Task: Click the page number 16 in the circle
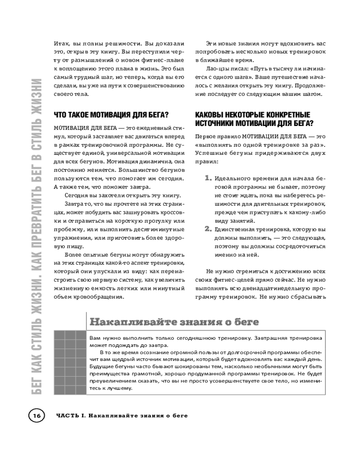tap(36, 415)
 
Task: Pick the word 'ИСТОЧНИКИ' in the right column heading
tap(216, 123)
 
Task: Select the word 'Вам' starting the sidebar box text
tap(94, 337)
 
